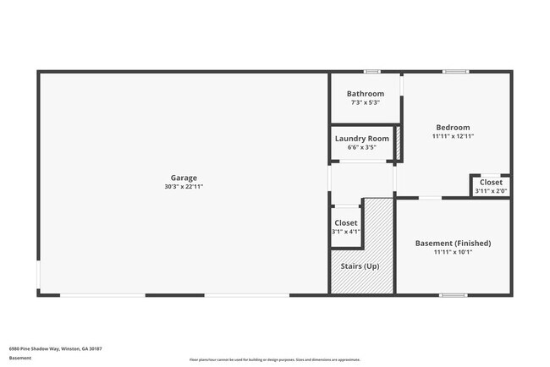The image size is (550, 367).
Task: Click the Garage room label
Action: point(184,178)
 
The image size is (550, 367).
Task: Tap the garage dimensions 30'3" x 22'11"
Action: point(184,186)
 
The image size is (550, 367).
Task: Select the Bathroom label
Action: point(366,94)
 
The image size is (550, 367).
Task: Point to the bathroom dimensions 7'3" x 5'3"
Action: point(366,102)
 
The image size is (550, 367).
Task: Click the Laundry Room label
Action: point(361,139)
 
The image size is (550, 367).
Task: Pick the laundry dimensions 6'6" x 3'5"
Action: point(361,147)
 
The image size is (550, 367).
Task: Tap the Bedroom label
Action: point(453,128)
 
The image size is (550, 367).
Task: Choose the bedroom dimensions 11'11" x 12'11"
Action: point(453,136)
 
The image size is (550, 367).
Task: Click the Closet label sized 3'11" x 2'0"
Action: point(491,182)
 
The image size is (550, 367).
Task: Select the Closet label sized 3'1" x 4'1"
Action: point(345,223)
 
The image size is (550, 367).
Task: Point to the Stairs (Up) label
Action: point(360,266)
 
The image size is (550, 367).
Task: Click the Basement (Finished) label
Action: point(453,244)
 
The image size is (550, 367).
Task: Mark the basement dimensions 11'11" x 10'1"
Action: point(453,252)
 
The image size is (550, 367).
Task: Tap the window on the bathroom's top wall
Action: point(372,72)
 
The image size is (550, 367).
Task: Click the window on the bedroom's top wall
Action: point(455,72)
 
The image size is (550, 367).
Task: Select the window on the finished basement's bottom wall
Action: point(453,294)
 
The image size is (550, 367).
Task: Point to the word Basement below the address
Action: point(20,358)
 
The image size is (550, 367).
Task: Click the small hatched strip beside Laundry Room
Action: point(398,143)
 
